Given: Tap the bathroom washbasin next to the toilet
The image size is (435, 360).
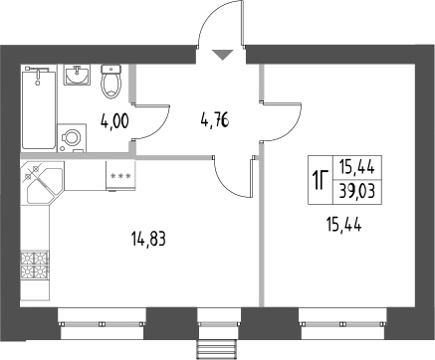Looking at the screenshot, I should pyautogui.click(x=78, y=76).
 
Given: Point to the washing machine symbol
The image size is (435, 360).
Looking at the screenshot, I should pyautogui.click(x=72, y=138).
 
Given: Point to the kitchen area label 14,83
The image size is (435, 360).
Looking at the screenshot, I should pyautogui.click(x=148, y=237).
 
